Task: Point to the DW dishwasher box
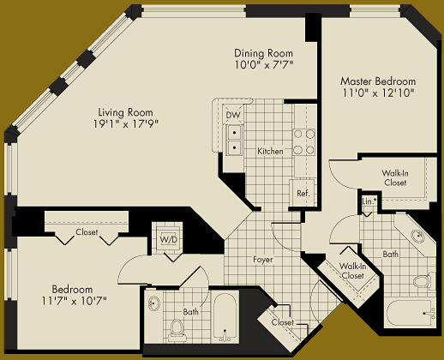[x=233, y=115]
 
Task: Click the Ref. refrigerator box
[x=303, y=193]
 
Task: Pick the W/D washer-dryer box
[x=165, y=238]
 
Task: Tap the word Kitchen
[x=270, y=152]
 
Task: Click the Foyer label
[x=262, y=259]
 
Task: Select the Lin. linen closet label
[x=368, y=201]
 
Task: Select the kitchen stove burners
[x=303, y=141]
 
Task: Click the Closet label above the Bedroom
[x=86, y=232]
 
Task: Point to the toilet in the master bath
[x=421, y=279]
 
